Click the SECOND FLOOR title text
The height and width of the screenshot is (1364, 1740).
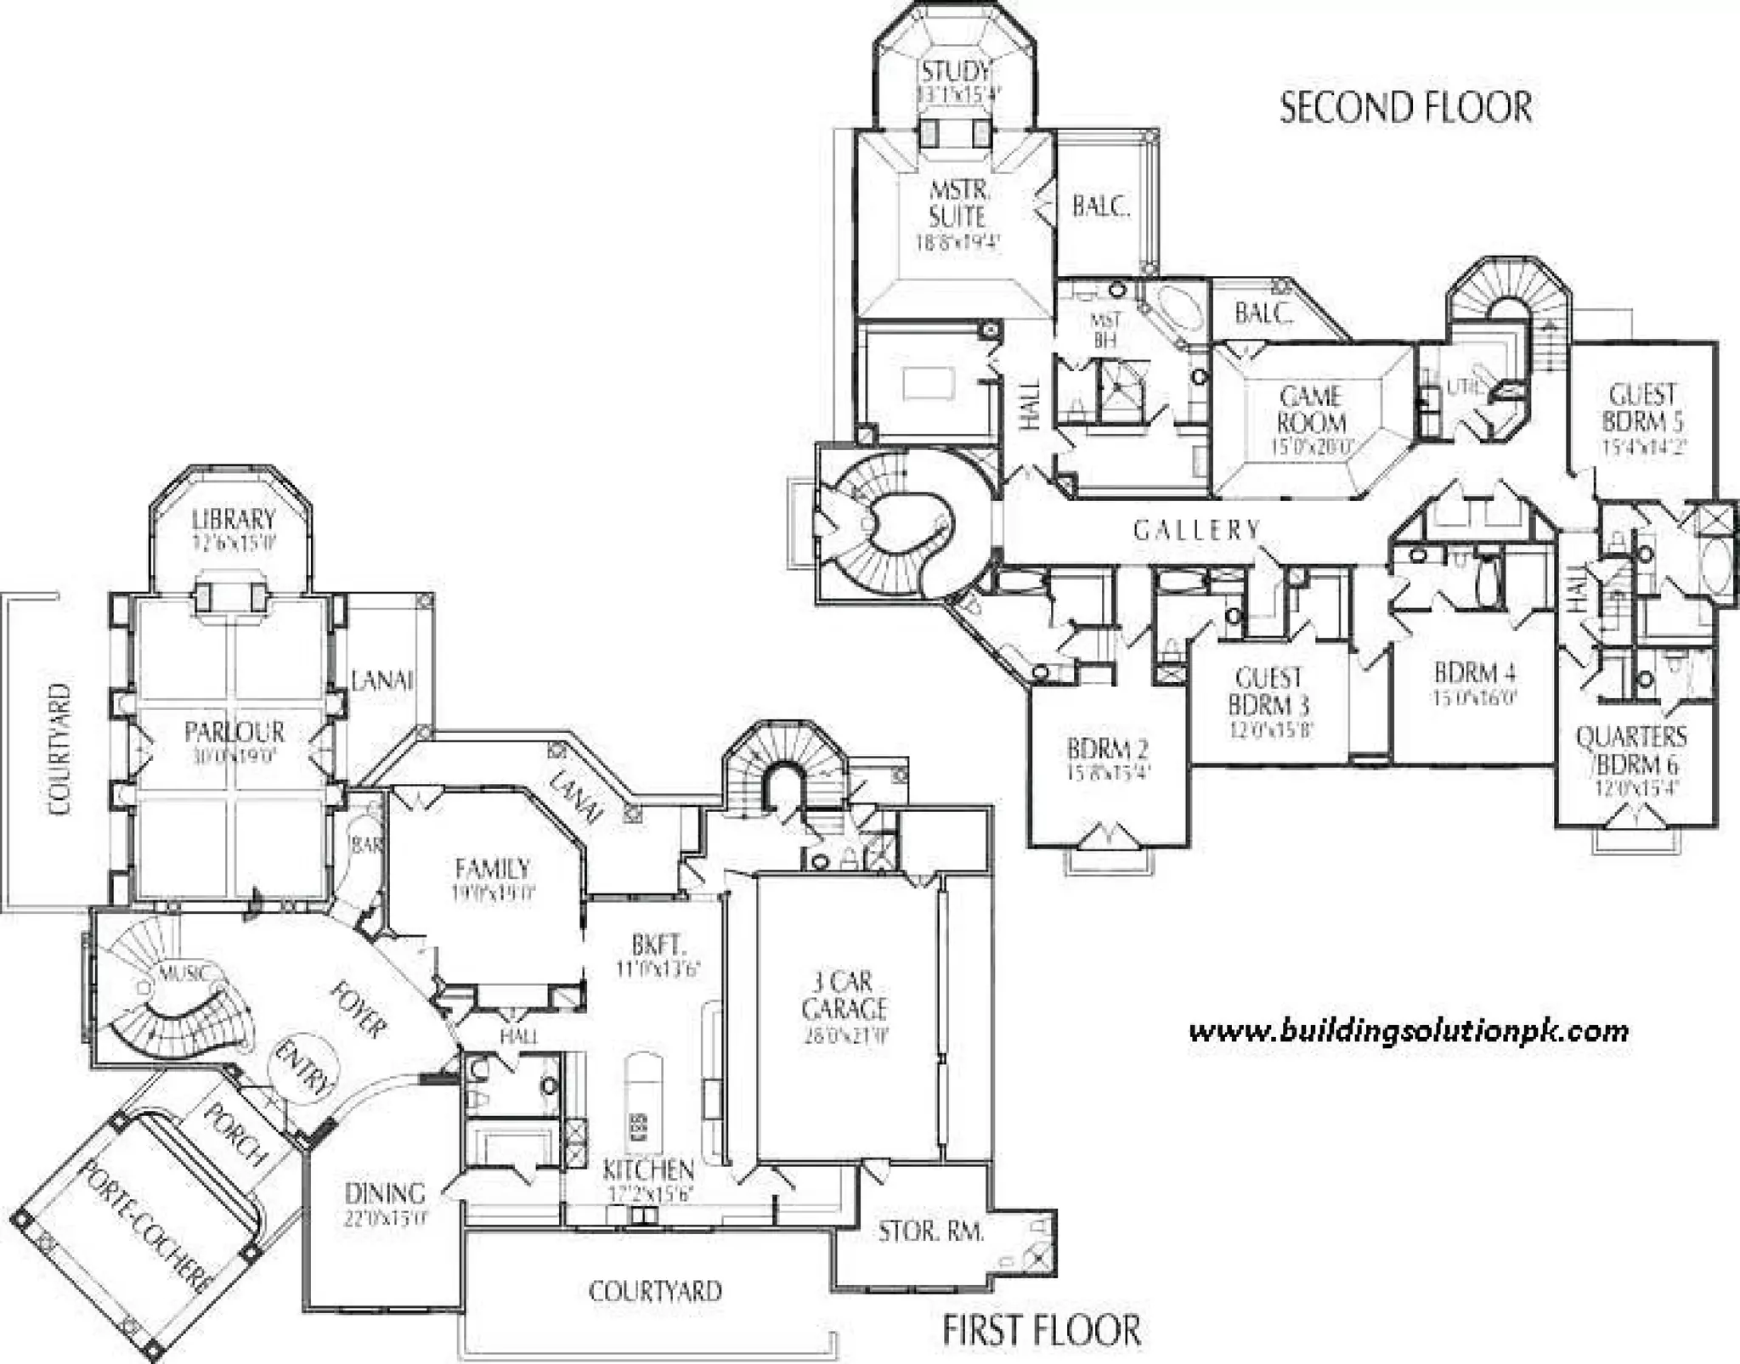click(x=1405, y=108)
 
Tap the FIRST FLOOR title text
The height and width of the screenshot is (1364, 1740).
click(x=1042, y=1330)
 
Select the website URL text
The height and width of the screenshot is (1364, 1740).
click(x=1409, y=1032)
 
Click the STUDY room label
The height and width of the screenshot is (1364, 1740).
click(x=956, y=71)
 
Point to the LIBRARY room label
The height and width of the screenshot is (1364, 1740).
click(x=234, y=519)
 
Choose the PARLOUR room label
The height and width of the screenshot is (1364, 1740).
click(x=234, y=731)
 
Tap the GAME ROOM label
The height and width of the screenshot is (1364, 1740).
click(x=1311, y=409)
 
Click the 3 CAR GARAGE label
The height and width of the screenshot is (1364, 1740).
click(x=844, y=995)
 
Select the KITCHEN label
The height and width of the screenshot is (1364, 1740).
click(x=648, y=1170)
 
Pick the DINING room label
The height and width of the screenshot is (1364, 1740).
click(x=385, y=1193)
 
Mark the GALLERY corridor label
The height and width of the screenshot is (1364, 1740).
click(x=1196, y=530)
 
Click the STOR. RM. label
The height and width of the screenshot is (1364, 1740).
click(x=931, y=1231)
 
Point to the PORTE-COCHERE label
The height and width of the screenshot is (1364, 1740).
click(x=144, y=1227)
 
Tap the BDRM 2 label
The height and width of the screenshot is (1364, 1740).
click(x=1108, y=748)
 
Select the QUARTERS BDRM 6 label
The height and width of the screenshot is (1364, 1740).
click(x=1632, y=750)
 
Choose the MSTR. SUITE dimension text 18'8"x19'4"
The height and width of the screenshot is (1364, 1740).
click(x=958, y=243)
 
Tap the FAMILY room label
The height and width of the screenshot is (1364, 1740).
click(x=493, y=869)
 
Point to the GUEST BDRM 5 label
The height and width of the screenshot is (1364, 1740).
click(x=1642, y=408)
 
